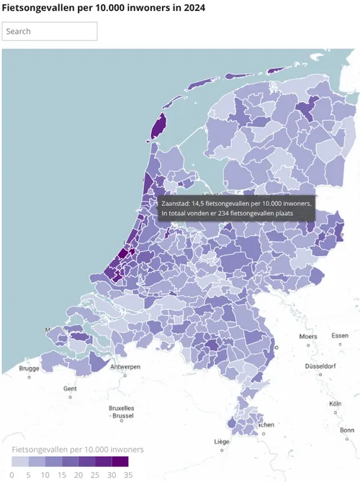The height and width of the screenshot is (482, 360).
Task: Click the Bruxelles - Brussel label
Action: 120,412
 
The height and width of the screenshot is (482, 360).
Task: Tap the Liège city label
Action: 222,441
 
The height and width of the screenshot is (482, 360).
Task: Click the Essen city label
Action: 340,335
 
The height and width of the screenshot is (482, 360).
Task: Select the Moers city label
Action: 308,336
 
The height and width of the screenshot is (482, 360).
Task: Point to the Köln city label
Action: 336,404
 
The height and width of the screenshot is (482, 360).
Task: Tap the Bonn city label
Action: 347,430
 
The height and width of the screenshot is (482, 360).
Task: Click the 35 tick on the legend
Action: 127,475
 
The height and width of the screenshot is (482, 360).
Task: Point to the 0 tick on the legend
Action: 12,475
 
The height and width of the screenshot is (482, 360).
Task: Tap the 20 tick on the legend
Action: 78,475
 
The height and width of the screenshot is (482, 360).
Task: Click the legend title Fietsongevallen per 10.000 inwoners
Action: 77,449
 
